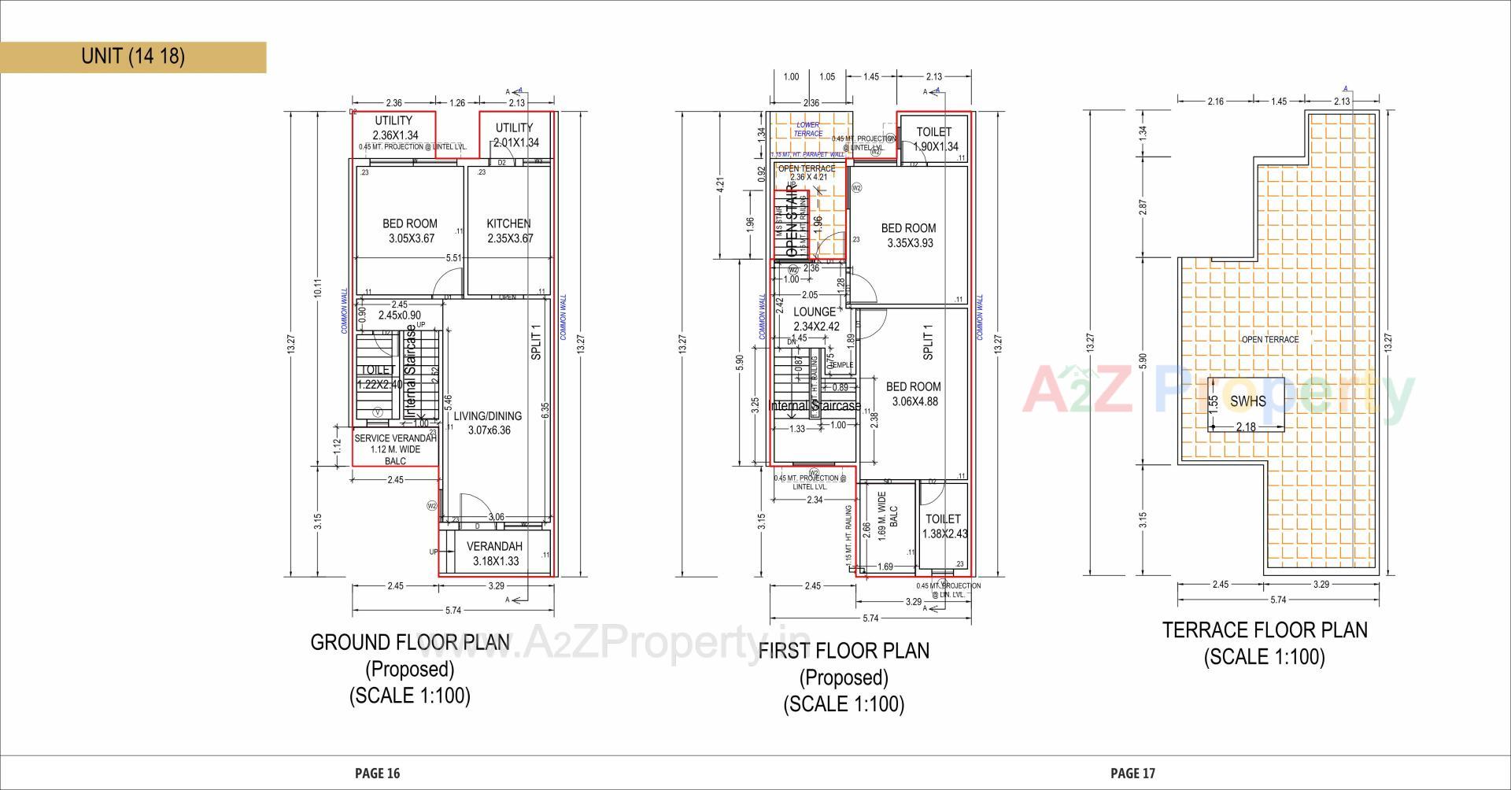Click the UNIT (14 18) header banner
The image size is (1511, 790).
coord(133,57)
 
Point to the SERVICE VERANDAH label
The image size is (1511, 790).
coord(395,438)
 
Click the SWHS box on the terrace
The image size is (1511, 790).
coord(1248,401)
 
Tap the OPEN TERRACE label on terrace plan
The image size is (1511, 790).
coord(1270,339)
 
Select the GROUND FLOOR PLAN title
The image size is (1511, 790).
coord(410,643)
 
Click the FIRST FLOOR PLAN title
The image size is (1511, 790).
coord(844,652)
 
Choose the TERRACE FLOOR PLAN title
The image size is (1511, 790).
coord(1265,630)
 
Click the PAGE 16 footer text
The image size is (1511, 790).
coord(378,773)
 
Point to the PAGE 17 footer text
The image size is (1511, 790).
coord(1132,773)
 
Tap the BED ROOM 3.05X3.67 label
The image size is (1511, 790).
coord(411,231)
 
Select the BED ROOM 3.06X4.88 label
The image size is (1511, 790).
coord(913,393)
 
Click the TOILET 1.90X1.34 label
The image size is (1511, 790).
coord(934,139)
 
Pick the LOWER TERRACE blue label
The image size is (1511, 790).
coord(808,129)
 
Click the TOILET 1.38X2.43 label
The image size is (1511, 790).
coord(944,526)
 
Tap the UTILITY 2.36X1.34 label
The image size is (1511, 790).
coord(393,127)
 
